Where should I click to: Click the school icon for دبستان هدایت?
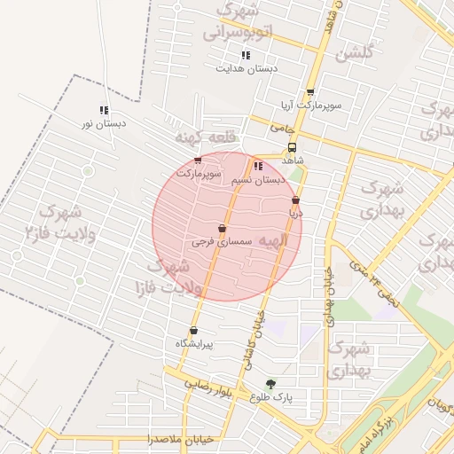pyautogui.click(x=245, y=55)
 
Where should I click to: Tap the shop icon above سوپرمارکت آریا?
pyautogui.click(x=309, y=92)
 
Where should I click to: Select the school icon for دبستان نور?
pyautogui.click(x=104, y=111)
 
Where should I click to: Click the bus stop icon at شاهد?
pyautogui.click(x=292, y=148)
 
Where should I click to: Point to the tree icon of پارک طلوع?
pyautogui.click(x=270, y=384)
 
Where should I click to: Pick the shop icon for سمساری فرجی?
pyautogui.click(x=222, y=229)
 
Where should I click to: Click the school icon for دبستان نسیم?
pyautogui.click(x=257, y=166)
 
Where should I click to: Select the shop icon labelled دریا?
pyautogui.click(x=294, y=201)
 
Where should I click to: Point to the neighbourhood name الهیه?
pyautogui.click(x=272, y=252)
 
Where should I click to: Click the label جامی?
pyautogui.click(x=281, y=129)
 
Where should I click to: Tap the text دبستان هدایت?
pyautogui.click(x=248, y=67)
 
